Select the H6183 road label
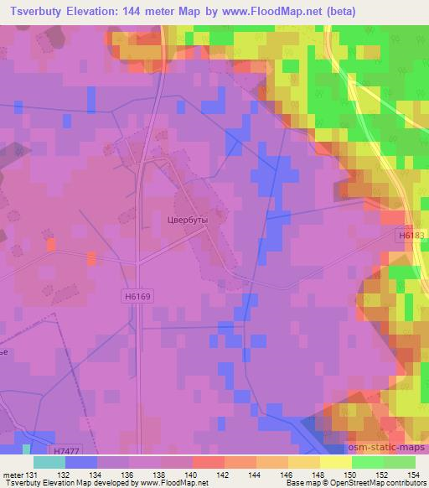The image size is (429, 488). pyautogui.click(x=410, y=236)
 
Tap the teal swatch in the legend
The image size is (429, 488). pyautogui.click(x=49, y=462)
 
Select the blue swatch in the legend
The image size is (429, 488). pyautogui.click(x=80, y=462)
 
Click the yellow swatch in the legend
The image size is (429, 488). pyautogui.click(x=335, y=462)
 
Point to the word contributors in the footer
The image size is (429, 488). pyautogui.click(x=406, y=483)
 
